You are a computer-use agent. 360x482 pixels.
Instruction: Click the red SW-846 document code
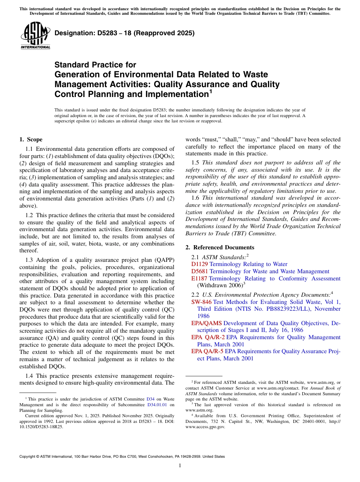[x=201, y=302]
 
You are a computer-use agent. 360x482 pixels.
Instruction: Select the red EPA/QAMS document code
[x=207, y=323]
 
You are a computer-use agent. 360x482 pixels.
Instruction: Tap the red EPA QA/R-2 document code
[x=208, y=337]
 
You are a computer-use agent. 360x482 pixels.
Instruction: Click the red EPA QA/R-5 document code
[x=208, y=351]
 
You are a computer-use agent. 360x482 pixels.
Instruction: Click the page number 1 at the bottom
[x=180, y=466]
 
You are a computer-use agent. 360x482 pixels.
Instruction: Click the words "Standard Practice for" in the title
[x=95, y=65]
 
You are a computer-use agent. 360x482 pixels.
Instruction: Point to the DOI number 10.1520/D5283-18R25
[x=41, y=426]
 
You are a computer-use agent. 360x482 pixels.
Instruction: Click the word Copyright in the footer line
[x=29, y=457]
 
